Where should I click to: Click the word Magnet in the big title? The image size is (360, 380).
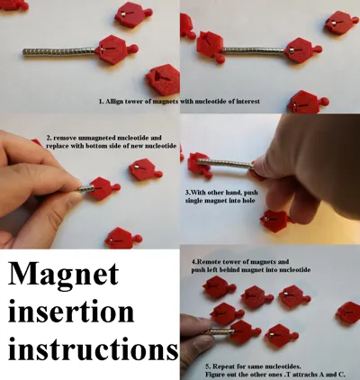point(63,274)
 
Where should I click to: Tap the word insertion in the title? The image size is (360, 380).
point(71,312)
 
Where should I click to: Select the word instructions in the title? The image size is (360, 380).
point(94,348)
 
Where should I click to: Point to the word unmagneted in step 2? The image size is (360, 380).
point(94,138)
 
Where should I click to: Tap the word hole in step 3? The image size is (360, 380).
point(248,200)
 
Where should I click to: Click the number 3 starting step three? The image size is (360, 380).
point(187,193)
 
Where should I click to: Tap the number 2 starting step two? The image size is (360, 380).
point(48,138)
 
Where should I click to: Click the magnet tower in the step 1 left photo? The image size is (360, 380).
point(59,51)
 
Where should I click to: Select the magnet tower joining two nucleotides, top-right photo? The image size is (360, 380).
point(254,51)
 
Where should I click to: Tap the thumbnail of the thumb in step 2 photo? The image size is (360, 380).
point(72,198)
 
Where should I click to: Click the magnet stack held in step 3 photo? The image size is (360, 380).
point(225,163)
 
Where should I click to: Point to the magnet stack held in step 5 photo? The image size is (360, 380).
point(220,331)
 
